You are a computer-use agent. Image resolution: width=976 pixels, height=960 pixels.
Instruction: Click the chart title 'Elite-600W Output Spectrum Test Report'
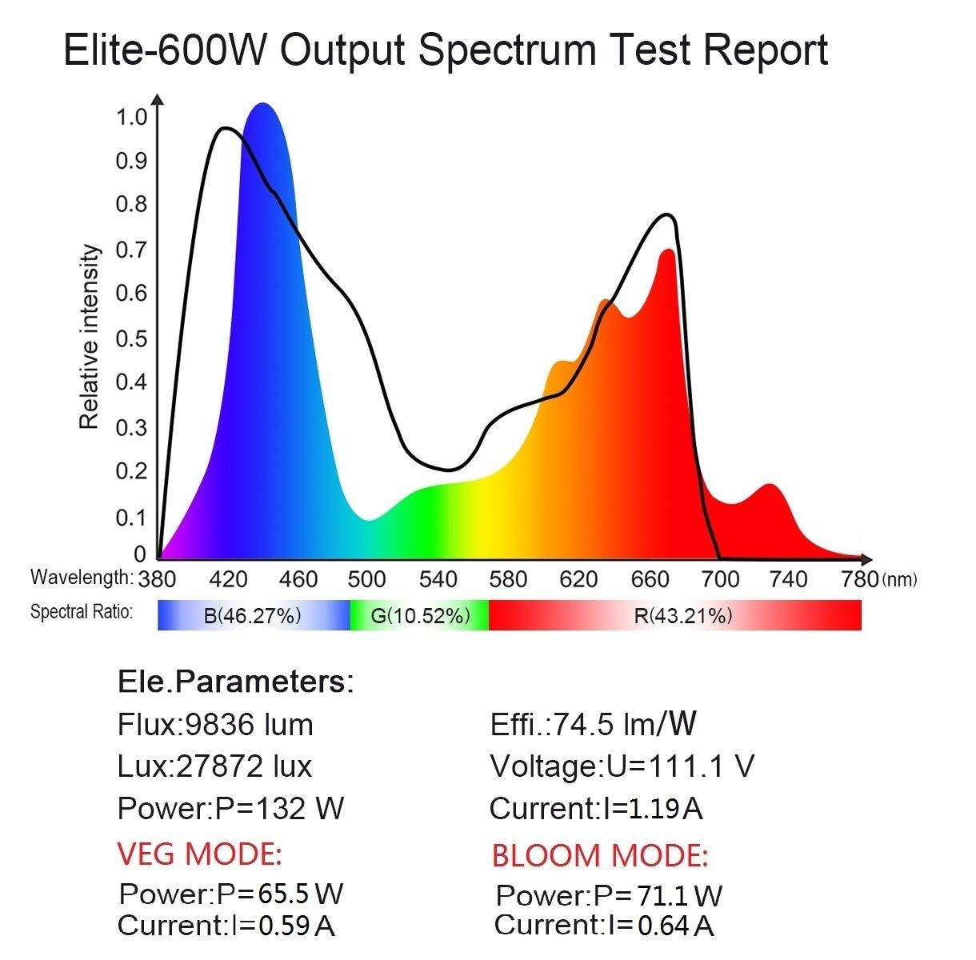click(x=445, y=50)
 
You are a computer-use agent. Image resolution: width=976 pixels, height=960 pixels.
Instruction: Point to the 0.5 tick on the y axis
click(x=132, y=338)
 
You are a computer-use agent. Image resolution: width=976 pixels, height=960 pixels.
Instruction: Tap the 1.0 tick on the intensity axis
click(x=132, y=118)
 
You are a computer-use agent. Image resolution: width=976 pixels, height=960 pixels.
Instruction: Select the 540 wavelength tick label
click(x=438, y=578)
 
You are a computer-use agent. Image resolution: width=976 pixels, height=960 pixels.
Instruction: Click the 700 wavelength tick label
click(x=720, y=578)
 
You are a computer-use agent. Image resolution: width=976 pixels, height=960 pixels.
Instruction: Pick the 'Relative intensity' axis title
click(x=90, y=337)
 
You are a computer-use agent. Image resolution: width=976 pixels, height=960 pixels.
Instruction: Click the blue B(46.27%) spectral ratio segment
click(x=253, y=615)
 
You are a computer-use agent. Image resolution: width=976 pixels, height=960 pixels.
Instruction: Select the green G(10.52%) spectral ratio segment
click(x=419, y=615)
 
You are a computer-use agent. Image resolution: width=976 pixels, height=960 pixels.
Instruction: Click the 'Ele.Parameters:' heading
click(x=235, y=682)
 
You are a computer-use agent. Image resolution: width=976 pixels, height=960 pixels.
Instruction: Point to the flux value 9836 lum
click(x=249, y=725)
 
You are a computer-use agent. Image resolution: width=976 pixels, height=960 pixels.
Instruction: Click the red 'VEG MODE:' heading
click(x=200, y=854)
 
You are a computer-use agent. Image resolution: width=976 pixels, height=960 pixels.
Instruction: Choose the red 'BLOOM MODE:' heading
click(x=600, y=855)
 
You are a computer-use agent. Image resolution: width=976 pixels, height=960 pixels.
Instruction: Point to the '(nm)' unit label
click(x=899, y=580)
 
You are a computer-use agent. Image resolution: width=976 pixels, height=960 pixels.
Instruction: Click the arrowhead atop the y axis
click(x=158, y=100)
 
